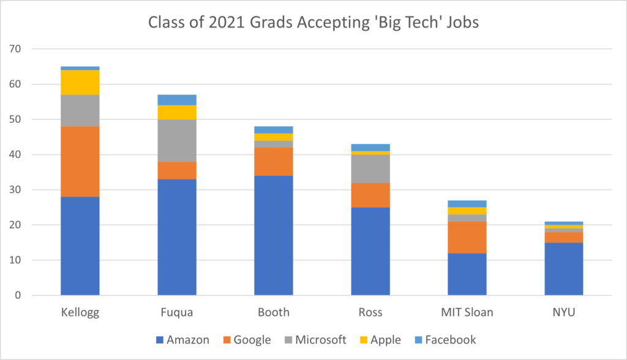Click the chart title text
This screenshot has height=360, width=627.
313,24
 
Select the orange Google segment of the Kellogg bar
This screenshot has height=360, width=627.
80,162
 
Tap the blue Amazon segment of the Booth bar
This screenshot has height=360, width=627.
274,235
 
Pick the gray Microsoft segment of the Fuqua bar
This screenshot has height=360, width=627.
177,140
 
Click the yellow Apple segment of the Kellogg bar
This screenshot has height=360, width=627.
80,83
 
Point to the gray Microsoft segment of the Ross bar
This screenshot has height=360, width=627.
370,169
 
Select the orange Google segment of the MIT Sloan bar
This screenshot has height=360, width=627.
467,237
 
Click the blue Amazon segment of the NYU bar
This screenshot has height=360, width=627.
564,269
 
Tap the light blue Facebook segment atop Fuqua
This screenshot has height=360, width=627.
177,100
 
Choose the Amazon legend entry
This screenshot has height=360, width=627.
183,340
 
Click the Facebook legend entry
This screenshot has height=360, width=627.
444,340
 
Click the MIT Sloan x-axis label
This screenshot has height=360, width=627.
467,312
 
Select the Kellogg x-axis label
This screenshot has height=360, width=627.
80,312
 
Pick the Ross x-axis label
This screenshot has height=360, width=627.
370,312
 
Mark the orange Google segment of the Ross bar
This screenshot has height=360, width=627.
370,195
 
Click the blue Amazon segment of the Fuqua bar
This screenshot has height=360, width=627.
177,237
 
